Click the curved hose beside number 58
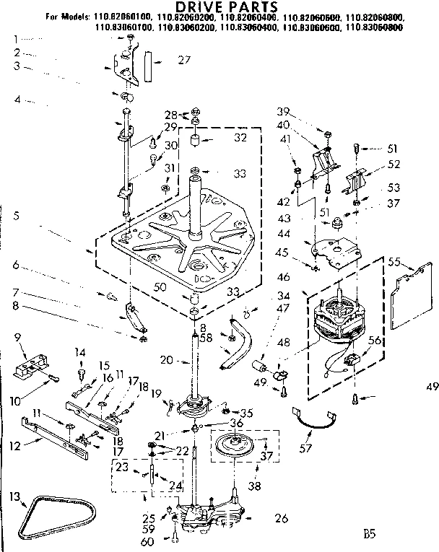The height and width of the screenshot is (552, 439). [x=240, y=345]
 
